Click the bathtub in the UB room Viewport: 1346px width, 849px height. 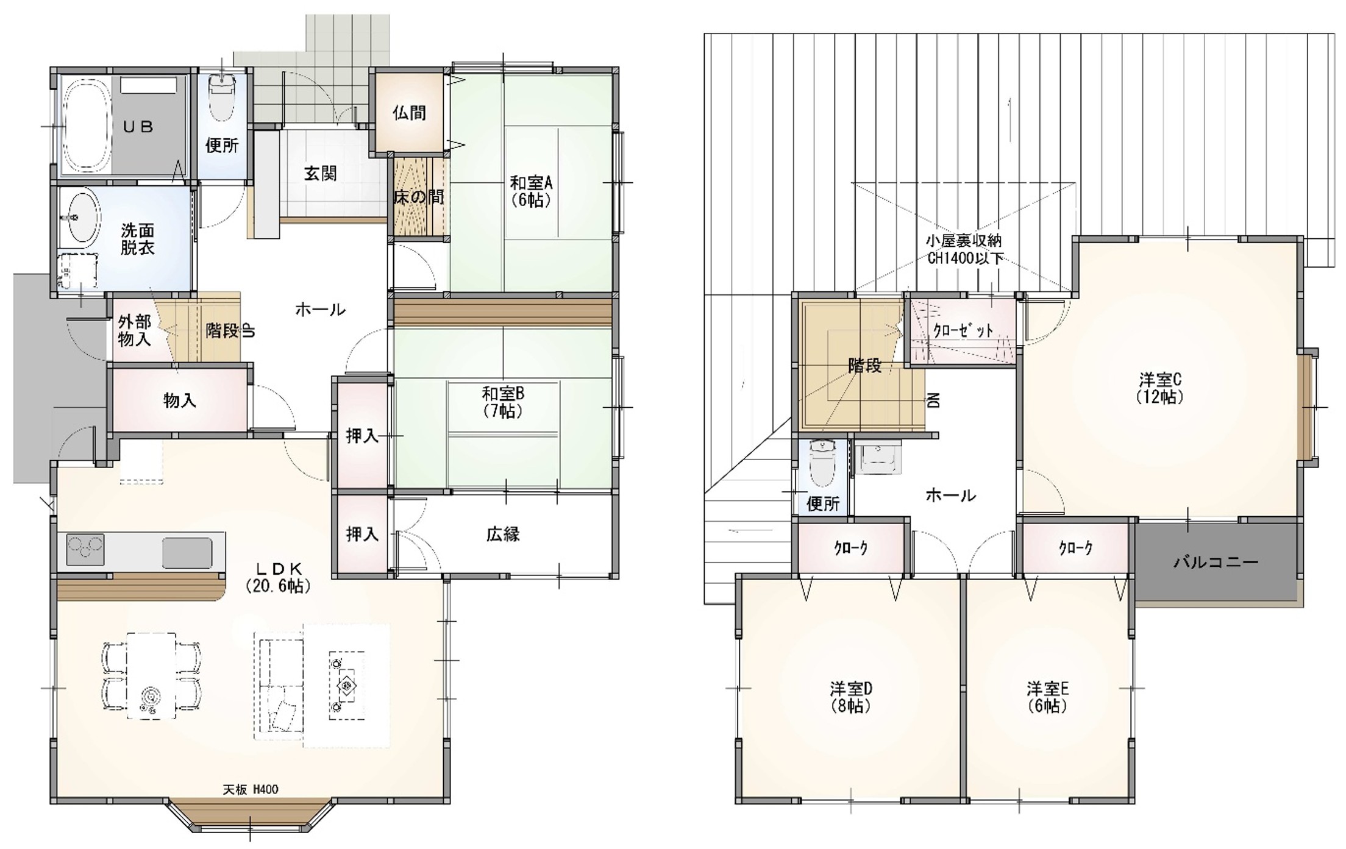pyautogui.click(x=87, y=126)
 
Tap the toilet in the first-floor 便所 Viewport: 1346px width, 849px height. pyautogui.click(x=222, y=98)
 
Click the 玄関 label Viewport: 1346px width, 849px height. pyautogui.click(x=320, y=174)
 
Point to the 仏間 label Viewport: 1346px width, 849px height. pyautogui.click(x=408, y=113)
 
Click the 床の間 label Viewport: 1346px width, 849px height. pyautogui.click(x=419, y=197)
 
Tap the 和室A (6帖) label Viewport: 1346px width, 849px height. pyautogui.click(x=531, y=191)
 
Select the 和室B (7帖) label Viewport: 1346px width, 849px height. pyautogui.click(x=503, y=402)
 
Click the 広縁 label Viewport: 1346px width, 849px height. pyautogui.click(x=503, y=534)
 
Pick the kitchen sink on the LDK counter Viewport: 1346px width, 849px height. pyautogui.click(x=188, y=552)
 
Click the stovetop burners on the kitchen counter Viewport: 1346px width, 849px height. pyautogui.click(x=85, y=549)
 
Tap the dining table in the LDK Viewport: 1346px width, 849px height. pyautogui.click(x=151, y=676)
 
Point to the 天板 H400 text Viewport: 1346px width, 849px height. pyautogui.click(x=250, y=789)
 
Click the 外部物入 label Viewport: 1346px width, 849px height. pyautogui.click(x=135, y=330)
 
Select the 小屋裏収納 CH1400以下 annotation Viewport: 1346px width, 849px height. pyautogui.click(x=964, y=249)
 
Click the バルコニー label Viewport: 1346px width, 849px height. pyautogui.click(x=1216, y=561)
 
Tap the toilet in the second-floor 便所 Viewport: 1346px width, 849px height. pyautogui.click(x=822, y=464)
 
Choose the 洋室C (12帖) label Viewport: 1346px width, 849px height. pyautogui.click(x=1160, y=388)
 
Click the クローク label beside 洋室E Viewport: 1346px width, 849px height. pyautogui.click(x=1076, y=548)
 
